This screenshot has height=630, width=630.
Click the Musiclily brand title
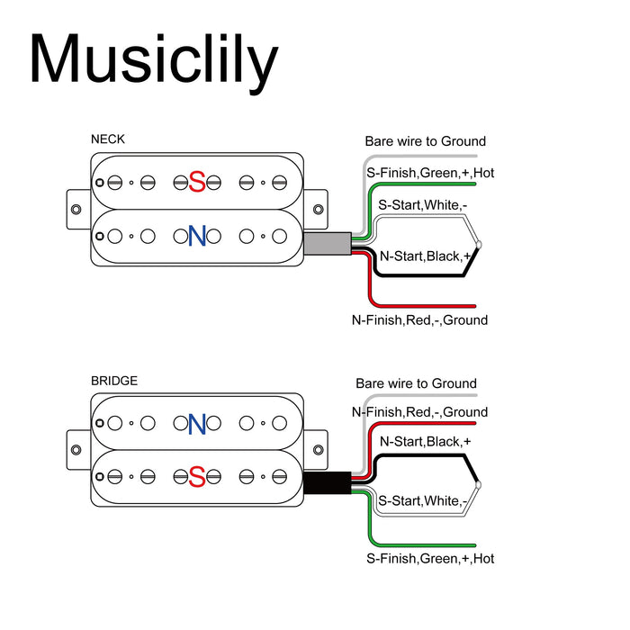(x=153, y=61)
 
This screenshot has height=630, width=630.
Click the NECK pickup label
(x=108, y=139)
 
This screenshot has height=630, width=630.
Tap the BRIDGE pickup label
(x=114, y=381)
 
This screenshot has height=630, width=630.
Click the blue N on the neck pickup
(x=197, y=237)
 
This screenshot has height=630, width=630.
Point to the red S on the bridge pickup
(x=197, y=477)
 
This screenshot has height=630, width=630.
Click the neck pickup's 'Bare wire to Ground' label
(x=425, y=141)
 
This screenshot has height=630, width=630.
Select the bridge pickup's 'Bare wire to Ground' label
(x=416, y=383)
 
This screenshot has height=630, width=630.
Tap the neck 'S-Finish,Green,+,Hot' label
(x=429, y=173)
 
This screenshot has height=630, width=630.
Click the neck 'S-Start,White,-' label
(x=422, y=205)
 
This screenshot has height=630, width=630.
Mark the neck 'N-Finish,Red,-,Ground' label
(x=419, y=319)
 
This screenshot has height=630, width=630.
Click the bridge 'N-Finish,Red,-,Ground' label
(x=419, y=412)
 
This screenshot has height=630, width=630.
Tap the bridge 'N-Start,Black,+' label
(x=426, y=441)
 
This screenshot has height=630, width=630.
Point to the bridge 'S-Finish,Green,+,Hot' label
(x=429, y=558)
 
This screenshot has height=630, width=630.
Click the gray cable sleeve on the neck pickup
(x=326, y=244)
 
